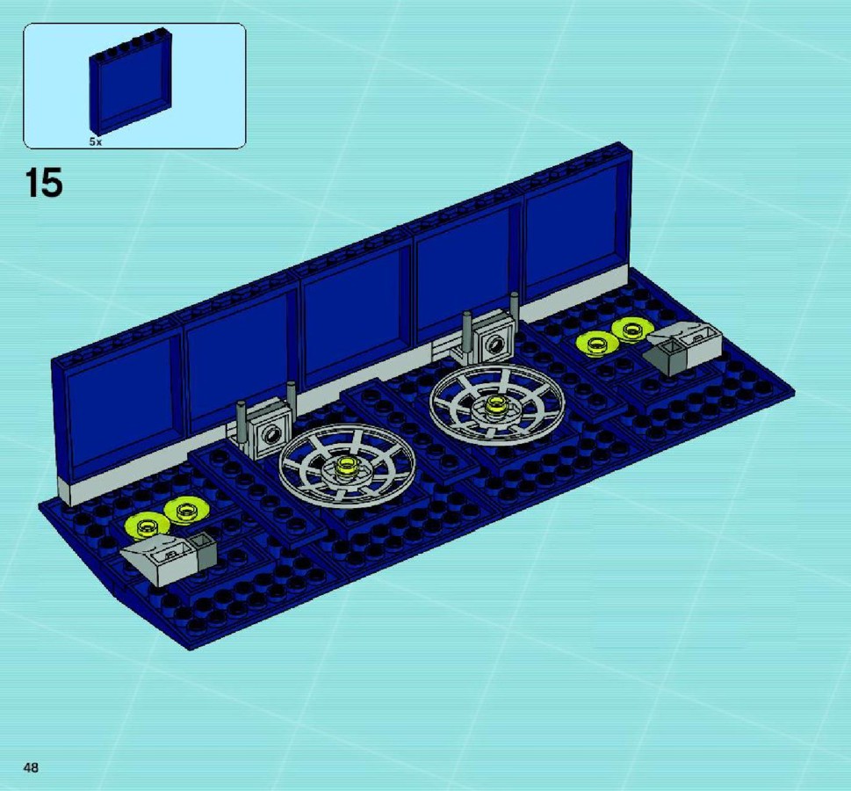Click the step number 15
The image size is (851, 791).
(43, 183)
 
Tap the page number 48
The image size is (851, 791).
(31, 767)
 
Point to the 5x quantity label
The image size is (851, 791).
(96, 142)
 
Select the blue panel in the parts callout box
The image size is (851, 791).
(131, 82)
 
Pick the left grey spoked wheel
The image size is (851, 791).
(348, 465)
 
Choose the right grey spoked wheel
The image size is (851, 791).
(497, 404)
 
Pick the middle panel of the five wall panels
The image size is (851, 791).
(354, 316)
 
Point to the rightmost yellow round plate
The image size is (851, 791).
(631, 330)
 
